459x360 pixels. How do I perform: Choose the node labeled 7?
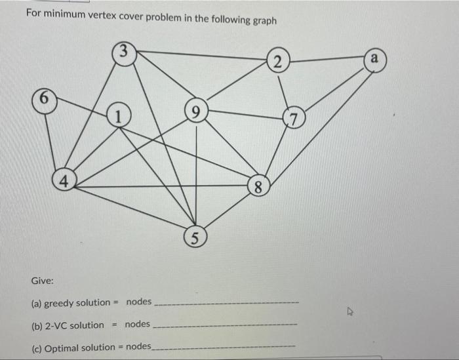(292, 119)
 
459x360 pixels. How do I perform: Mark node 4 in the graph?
(64, 180)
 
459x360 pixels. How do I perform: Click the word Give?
(43, 281)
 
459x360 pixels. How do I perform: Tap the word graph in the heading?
(265, 20)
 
